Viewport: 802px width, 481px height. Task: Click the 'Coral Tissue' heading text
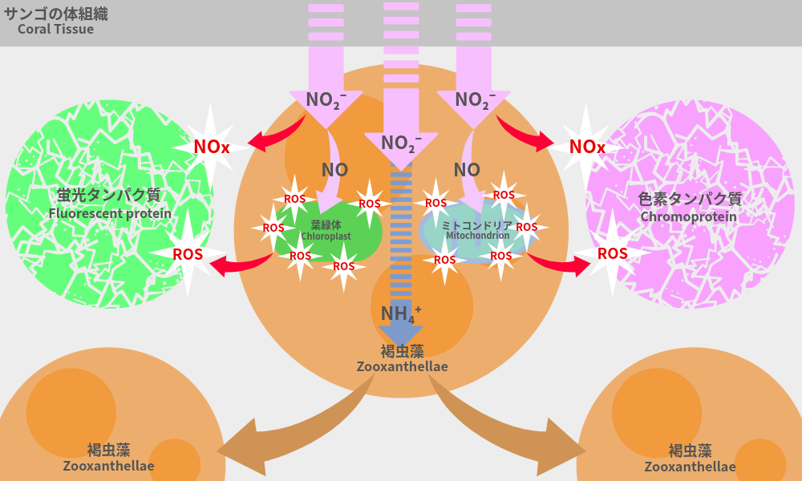(55, 30)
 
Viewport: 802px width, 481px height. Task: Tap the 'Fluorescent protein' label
(110, 213)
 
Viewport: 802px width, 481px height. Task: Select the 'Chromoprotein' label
(688, 216)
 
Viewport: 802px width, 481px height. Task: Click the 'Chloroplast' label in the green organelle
(326, 236)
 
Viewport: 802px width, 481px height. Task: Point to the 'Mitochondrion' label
(476, 236)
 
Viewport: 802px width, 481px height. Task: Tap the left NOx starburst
(212, 147)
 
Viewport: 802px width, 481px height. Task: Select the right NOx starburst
(587, 147)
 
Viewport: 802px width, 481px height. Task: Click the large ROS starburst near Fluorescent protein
(188, 254)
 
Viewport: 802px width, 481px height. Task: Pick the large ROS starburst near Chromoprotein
(613, 253)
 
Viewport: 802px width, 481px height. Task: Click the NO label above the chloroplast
(334, 170)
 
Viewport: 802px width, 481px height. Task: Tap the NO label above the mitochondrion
(467, 170)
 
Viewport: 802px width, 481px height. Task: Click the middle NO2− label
(401, 143)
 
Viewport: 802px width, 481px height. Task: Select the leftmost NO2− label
(326, 99)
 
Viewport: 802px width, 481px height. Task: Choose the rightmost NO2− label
(475, 99)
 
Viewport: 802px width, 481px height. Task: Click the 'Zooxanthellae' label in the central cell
(402, 366)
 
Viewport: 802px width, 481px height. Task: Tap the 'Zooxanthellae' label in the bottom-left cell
(108, 466)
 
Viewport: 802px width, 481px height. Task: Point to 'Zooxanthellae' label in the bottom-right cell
(690, 467)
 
